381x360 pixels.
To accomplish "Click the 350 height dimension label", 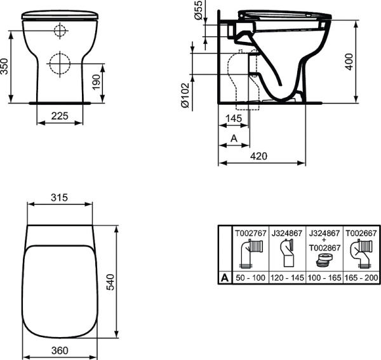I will tap(6, 65).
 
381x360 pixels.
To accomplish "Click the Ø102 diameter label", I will tap(185, 96).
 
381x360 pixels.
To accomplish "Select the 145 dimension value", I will tap(234, 117).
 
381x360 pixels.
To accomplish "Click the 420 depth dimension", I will tap(259, 156).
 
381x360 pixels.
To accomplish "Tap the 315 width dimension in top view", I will tap(58, 197).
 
